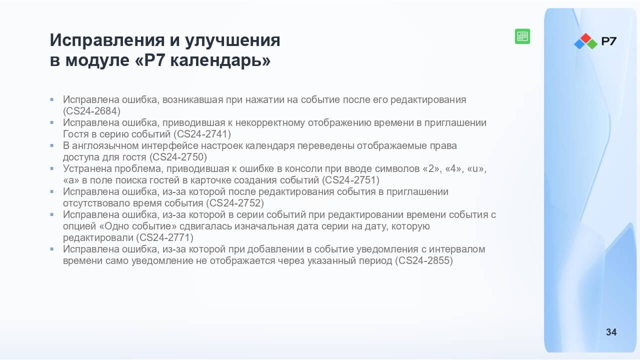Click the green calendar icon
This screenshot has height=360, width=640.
click(522, 36)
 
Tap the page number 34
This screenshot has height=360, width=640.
click(611, 332)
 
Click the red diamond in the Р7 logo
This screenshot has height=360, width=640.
click(585, 38)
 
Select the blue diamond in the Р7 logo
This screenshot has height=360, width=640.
click(579, 43)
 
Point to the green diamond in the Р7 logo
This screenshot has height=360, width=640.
click(592, 43)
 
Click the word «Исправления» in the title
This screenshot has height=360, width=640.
click(107, 40)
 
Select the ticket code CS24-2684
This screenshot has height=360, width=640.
click(91, 111)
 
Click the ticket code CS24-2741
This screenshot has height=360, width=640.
click(202, 134)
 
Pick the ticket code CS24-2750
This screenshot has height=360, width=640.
click(178, 157)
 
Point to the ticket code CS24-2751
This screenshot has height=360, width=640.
click(351, 180)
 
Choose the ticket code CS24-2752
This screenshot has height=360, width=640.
click(235, 203)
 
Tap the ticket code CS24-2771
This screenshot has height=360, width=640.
click(165, 237)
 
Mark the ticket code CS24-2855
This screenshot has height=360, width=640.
click(424, 260)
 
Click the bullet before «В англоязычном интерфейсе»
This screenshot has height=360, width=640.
click(51, 145)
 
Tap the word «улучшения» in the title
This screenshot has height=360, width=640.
click(232, 40)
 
